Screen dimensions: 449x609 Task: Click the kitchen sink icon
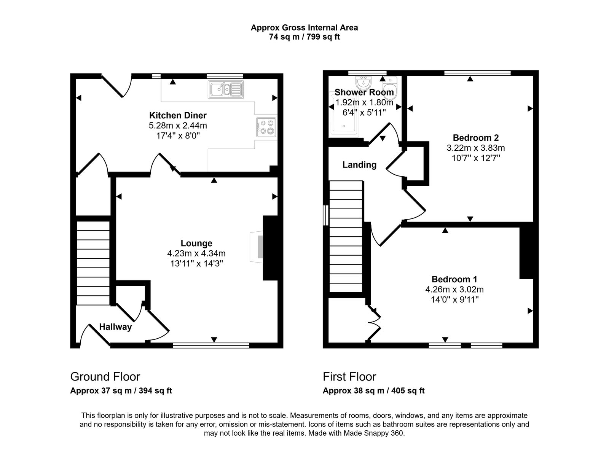point(226,90)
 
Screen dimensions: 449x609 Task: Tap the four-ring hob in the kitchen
point(266,127)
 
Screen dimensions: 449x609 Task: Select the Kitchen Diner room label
point(178,115)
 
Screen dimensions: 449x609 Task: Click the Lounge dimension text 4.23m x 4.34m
point(196,253)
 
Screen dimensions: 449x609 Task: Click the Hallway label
point(115,327)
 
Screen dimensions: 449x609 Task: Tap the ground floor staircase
point(93,263)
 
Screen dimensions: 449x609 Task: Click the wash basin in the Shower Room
point(364,82)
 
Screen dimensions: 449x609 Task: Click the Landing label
point(359,165)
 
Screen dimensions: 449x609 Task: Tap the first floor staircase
point(346,236)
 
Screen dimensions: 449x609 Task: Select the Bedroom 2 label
point(475,138)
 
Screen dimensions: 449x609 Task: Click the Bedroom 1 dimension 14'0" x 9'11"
point(454,299)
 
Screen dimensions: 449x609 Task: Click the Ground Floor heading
point(105,377)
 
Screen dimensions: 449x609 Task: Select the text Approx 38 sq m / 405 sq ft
point(373,391)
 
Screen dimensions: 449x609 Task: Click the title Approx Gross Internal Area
point(304,27)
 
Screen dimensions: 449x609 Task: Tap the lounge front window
point(211,346)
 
